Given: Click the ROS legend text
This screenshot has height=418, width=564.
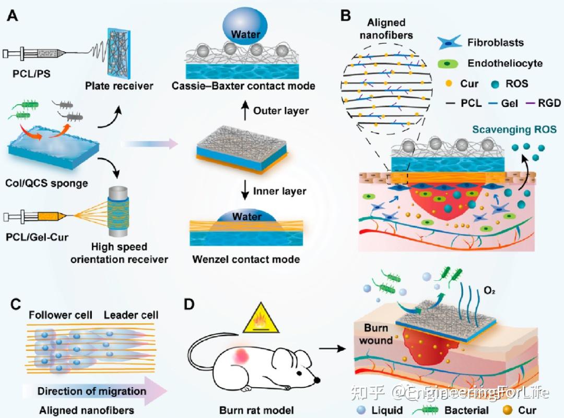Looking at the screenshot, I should (x=516, y=83).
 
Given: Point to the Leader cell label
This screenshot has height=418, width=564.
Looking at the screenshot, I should (x=131, y=315).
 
